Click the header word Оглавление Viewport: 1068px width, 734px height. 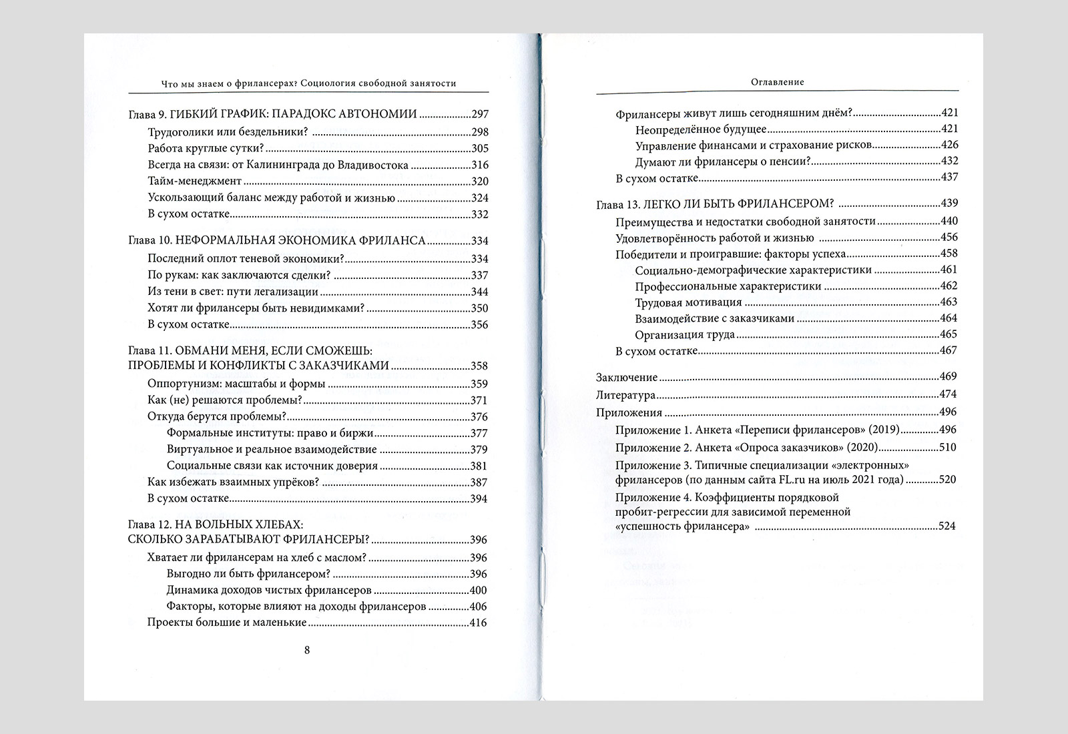(x=777, y=82)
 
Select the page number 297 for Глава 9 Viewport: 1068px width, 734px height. (x=479, y=115)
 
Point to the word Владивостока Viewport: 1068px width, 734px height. (x=375, y=165)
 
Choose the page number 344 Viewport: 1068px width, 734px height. (x=479, y=292)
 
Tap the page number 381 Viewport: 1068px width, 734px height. (x=479, y=466)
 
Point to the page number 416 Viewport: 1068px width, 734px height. (x=479, y=623)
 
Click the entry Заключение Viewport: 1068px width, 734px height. (x=627, y=378)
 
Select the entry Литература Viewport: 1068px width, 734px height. (x=625, y=394)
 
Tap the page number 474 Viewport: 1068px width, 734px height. (x=948, y=394)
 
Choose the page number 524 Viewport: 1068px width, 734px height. (x=948, y=526)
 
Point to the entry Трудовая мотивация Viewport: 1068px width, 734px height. (x=684, y=302)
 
